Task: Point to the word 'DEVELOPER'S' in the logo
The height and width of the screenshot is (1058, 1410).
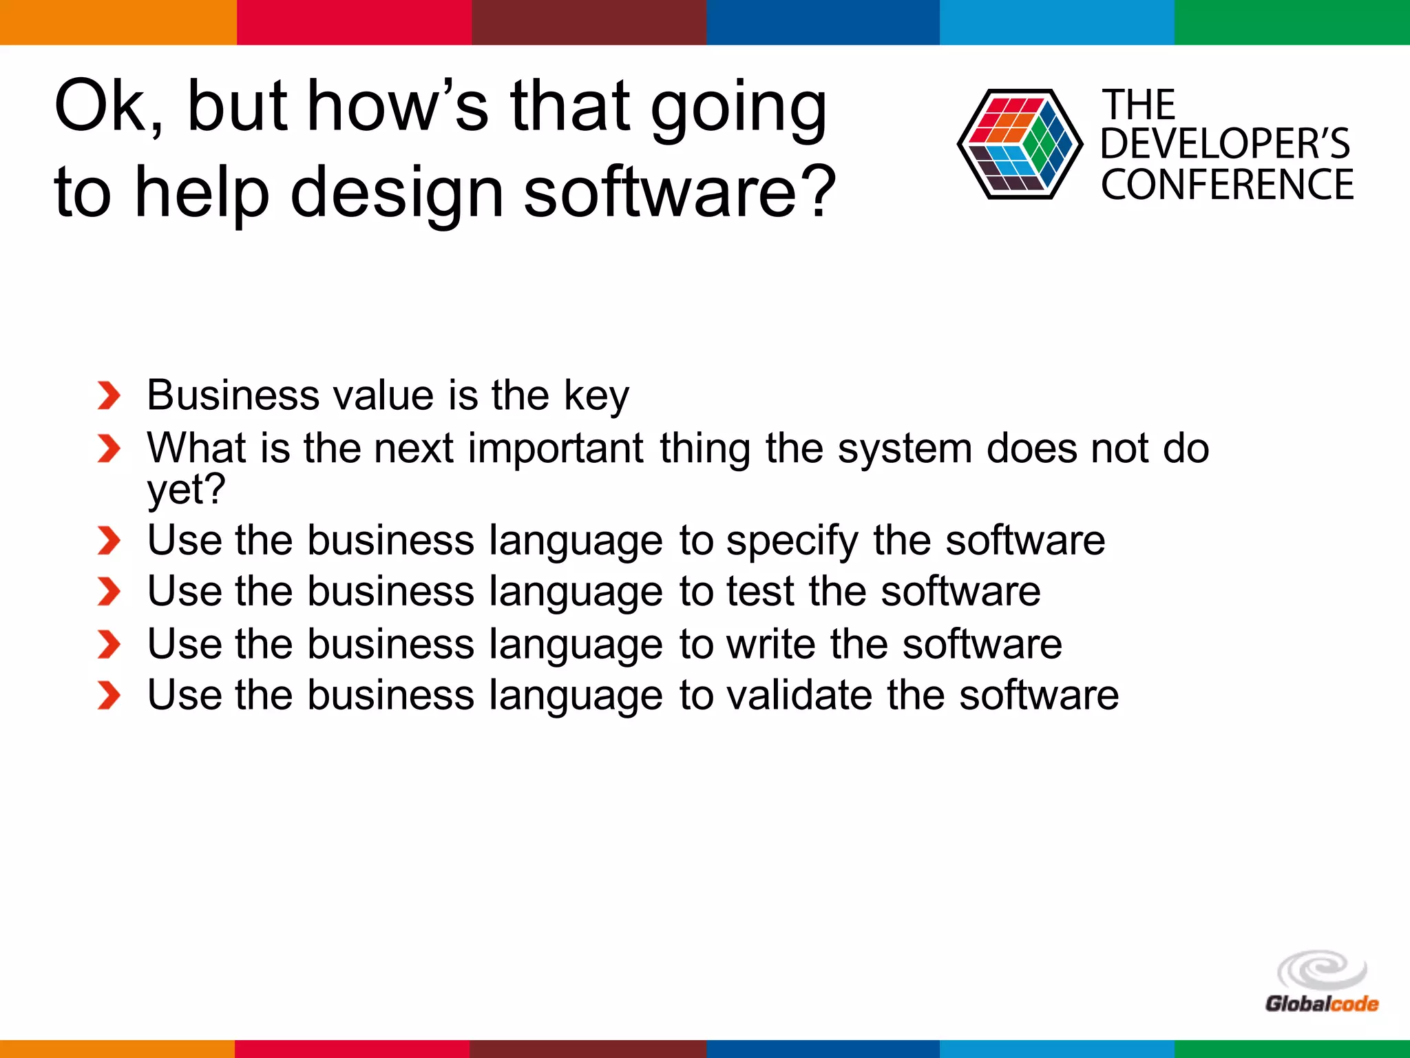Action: click(x=1225, y=144)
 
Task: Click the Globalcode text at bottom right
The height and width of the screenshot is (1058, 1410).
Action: click(x=1321, y=1004)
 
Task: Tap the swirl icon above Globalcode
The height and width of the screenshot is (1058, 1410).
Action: click(x=1321, y=971)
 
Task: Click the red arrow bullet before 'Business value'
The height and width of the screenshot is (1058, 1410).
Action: click(x=109, y=396)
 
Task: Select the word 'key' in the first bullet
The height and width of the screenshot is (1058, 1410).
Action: click(x=596, y=396)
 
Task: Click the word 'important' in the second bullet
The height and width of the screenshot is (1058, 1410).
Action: click(x=556, y=448)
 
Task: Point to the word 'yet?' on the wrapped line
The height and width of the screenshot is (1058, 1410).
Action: click(x=186, y=489)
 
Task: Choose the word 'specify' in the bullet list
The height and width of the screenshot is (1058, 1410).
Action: click(x=792, y=540)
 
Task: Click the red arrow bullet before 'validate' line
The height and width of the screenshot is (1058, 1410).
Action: click(x=109, y=696)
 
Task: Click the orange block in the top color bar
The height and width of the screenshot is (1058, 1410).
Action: click(x=118, y=22)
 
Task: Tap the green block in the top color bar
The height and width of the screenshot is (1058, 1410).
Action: click(x=1292, y=22)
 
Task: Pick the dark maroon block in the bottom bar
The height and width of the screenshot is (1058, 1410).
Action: click(x=587, y=1048)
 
